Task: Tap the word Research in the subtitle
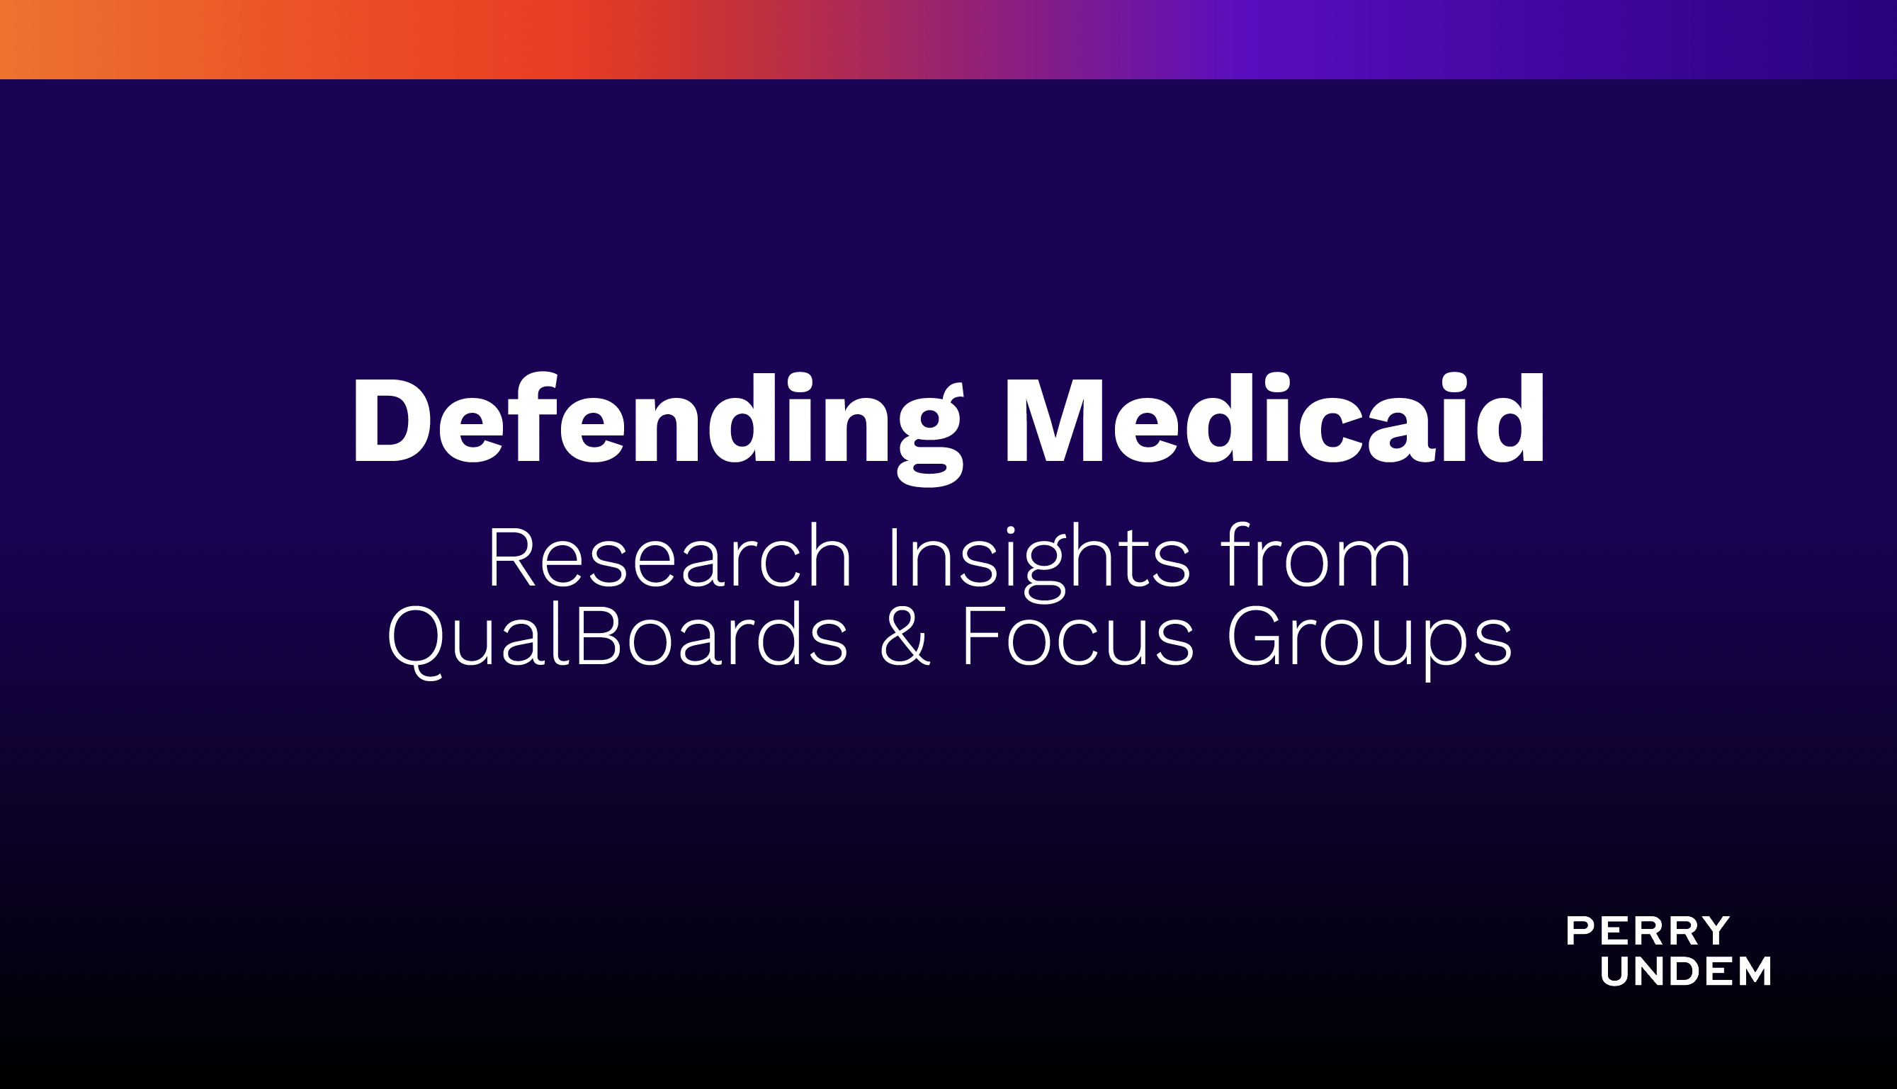pyautogui.click(x=669, y=557)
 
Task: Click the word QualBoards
pyautogui.click(x=617, y=638)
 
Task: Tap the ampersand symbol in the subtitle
pyautogui.click(x=905, y=636)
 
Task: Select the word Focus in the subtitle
pyautogui.click(x=1078, y=636)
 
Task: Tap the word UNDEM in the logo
pyautogui.click(x=1685, y=971)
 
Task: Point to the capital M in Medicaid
pyautogui.click(x=1055, y=419)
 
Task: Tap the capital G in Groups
pyautogui.click(x=1254, y=636)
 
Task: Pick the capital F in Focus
pyautogui.click(x=980, y=636)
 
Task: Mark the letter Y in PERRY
pyautogui.click(x=1715, y=931)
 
